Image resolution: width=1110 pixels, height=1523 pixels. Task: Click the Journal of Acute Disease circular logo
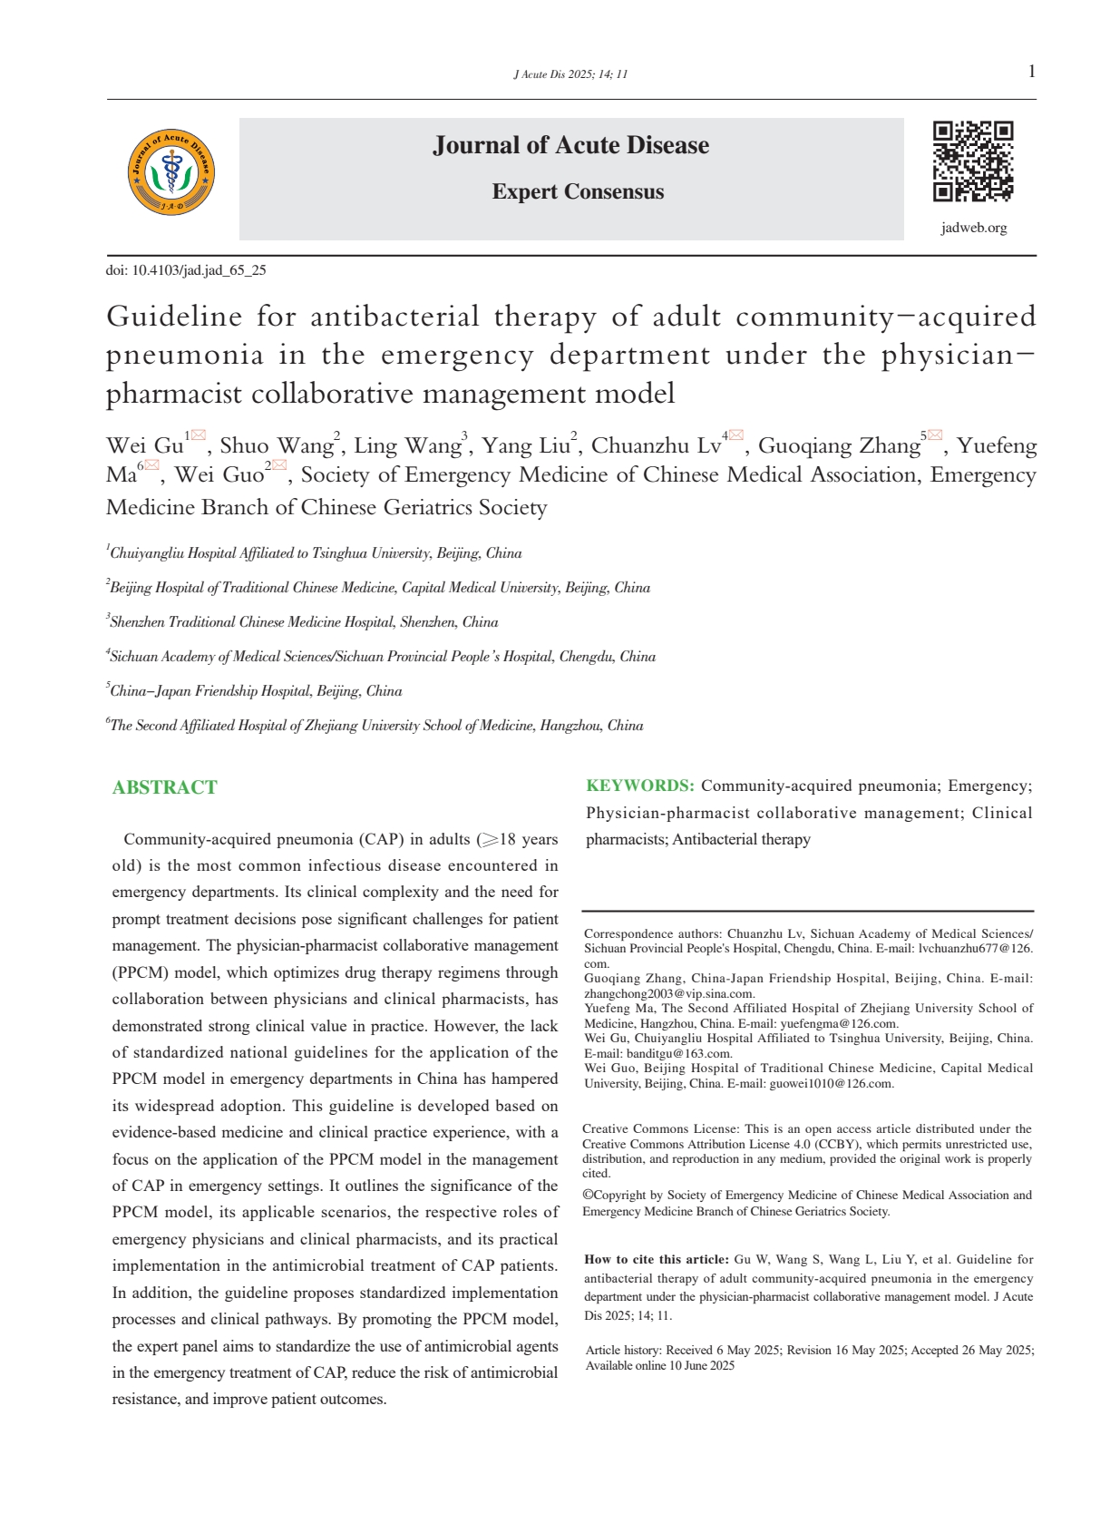click(171, 172)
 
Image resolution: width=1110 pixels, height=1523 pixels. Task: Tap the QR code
click(973, 161)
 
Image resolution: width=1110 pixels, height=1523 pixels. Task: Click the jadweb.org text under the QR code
click(974, 228)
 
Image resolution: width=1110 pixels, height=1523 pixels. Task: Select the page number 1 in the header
click(1032, 73)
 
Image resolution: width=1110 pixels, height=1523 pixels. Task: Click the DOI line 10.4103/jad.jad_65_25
click(186, 270)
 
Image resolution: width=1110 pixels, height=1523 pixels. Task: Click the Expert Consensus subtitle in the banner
click(578, 192)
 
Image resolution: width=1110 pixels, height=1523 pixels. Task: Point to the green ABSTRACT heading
click(165, 787)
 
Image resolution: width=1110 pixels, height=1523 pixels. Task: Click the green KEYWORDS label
click(640, 786)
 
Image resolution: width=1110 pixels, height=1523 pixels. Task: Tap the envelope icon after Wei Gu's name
click(198, 436)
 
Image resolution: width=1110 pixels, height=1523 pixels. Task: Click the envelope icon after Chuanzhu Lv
click(736, 436)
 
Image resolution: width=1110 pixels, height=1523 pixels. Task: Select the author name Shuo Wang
click(277, 445)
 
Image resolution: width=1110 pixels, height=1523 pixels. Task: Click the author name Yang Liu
click(525, 445)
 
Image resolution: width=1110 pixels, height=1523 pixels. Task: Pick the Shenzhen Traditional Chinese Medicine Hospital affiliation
click(304, 622)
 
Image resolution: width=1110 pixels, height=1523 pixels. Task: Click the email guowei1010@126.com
click(832, 1083)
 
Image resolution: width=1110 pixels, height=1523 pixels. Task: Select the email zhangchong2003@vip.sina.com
click(668, 993)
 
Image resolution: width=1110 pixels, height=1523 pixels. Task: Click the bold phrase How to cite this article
click(656, 1259)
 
